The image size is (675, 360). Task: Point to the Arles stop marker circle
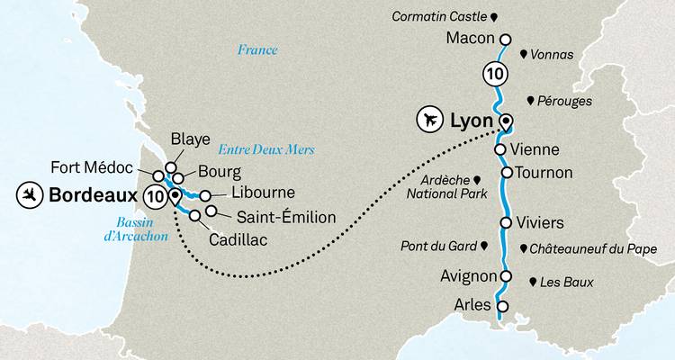click(502, 306)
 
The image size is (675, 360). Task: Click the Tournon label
click(544, 171)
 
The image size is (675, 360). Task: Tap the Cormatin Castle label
click(441, 15)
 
